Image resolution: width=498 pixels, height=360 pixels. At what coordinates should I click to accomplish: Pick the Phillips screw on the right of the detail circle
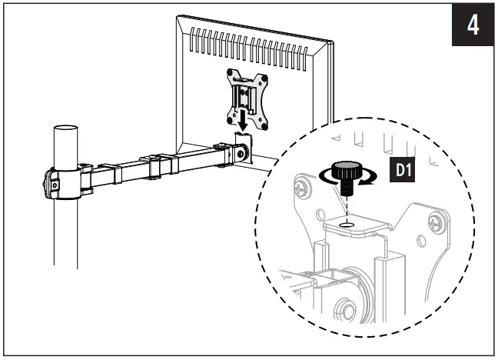pyautogui.click(x=437, y=223)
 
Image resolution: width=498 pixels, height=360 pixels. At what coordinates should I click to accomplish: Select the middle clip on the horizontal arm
pyautogui.click(x=159, y=167)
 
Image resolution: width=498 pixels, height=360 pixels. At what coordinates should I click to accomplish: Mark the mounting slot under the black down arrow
pyautogui.click(x=244, y=139)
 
